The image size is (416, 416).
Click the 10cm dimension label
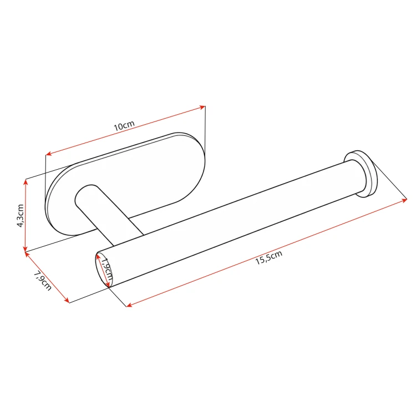[x=124, y=126]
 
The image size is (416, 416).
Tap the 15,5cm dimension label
[x=269, y=257]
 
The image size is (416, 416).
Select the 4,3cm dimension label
[x=21, y=215]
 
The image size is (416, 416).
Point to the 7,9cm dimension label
[x=43, y=281]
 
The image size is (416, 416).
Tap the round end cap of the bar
[x=361, y=174]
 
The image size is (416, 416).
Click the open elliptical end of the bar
[x=103, y=270]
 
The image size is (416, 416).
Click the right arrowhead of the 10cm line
[x=202, y=108]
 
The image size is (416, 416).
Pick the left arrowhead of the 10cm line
[x=49, y=153]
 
